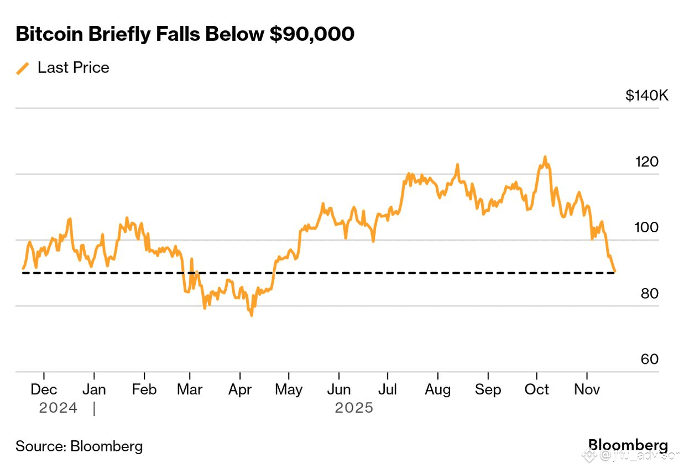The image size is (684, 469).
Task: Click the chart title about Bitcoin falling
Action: [x=185, y=34]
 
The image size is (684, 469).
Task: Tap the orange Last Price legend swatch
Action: [x=23, y=68]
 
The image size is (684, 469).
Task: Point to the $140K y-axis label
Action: [x=647, y=96]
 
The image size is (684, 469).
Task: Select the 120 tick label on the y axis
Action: [x=647, y=162]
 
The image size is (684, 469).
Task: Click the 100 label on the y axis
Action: [x=647, y=228]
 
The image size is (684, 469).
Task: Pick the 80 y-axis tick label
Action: [x=650, y=294]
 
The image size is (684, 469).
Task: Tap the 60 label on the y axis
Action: [x=650, y=359]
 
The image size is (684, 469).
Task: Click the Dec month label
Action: [x=44, y=389]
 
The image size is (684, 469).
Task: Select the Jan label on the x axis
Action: [x=94, y=389]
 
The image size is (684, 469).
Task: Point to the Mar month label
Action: [x=190, y=389]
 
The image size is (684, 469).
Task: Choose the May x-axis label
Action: [x=289, y=389]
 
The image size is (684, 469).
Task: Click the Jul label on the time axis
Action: [x=388, y=389]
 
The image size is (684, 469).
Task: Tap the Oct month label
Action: [x=536, y=389]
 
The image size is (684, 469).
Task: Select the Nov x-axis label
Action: [x=587, y=389]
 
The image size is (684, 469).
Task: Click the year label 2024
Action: [x=58, y=408]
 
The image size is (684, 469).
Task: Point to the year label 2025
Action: [x=354, y=408]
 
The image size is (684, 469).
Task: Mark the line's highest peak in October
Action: [x=545, y=157]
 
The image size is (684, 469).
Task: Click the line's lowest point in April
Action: [x=252, y=315]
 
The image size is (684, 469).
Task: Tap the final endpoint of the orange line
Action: [x=615, y=271]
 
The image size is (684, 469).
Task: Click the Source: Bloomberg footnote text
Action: [x=79, y=446]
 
